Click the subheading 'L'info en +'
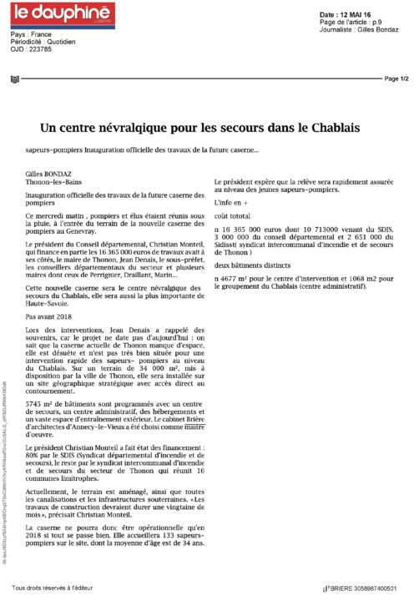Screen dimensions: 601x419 (x=233, y=203)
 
